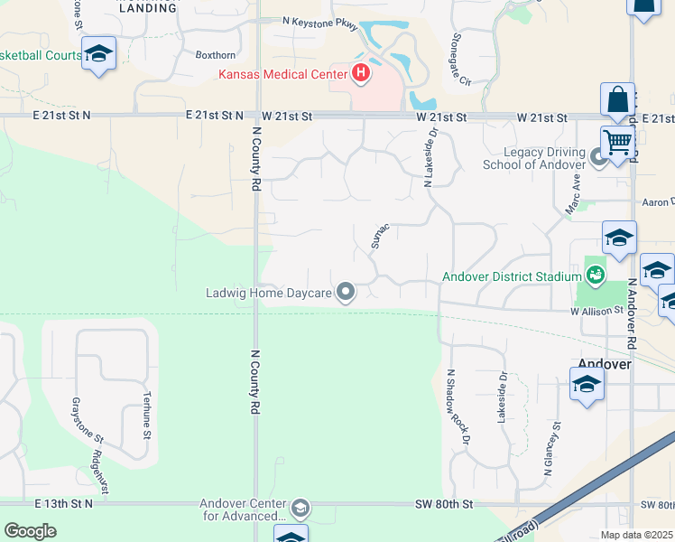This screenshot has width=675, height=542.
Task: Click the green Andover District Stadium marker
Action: coord(595,273)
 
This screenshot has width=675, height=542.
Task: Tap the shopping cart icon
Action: coord(617,142)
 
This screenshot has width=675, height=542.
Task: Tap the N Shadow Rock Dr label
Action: coord(459,406)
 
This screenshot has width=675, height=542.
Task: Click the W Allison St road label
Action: coord(596,310)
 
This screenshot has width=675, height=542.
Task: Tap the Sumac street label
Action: coord(379,235)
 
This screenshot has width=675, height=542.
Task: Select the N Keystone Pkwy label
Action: coord(319,19)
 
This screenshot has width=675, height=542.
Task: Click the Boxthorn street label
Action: coord(216,54)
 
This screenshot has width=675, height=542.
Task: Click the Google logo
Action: coord(31,531)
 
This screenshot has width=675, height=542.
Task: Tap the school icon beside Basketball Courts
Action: coord(97,54)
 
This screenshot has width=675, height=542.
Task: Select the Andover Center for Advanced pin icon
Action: coord(301,509)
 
